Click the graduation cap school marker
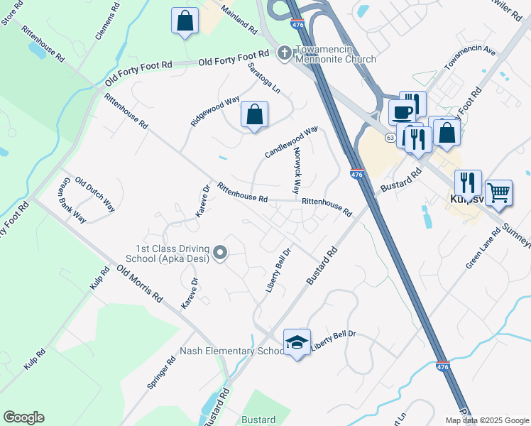(297, 342)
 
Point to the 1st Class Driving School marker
(220, 251)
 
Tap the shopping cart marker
(498, 192)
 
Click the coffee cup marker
(403, 113)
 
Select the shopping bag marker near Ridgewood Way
(254, 114)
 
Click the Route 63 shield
(390, 137)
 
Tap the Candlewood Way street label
(291, 143)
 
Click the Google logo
(23, 417)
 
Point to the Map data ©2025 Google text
(488, 420)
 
